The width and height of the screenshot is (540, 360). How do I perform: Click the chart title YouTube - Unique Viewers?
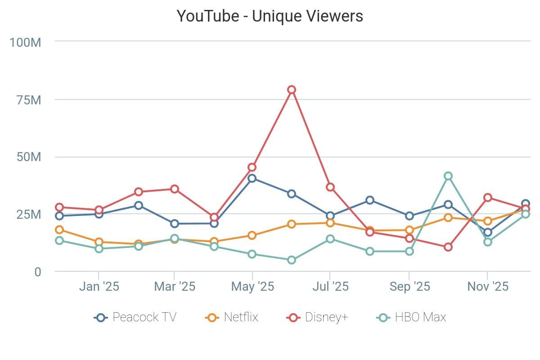(270, 16)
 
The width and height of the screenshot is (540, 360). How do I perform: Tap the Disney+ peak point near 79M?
(292, 90)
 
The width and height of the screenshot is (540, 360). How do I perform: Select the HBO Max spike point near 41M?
(448, 176)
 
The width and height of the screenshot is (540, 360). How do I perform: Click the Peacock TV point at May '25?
(252, 178)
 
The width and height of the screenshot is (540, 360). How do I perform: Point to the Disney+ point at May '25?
(252, 167)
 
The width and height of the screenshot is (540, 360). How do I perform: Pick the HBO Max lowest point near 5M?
(292, 260)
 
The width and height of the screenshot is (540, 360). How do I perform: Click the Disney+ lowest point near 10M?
(448, 247)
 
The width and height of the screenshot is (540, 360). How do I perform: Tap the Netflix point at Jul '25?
(330, 223)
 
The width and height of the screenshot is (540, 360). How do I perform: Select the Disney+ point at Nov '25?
(487, 198)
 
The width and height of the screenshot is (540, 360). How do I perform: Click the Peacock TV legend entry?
(135, 317)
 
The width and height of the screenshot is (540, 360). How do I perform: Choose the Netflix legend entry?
(232, 317)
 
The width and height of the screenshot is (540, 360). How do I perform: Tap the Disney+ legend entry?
(318, 317)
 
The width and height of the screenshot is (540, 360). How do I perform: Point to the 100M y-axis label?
(26, 42)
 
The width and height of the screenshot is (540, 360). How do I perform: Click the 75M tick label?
(28, 99)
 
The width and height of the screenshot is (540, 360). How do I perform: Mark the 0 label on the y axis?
(38, 271)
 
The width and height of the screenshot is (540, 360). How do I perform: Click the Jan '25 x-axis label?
(99, 287)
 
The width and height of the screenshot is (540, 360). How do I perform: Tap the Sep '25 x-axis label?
(409, 287)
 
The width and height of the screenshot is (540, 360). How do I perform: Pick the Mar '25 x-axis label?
(175, 287)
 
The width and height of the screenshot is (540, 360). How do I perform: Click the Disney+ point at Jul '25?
(330, 187)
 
